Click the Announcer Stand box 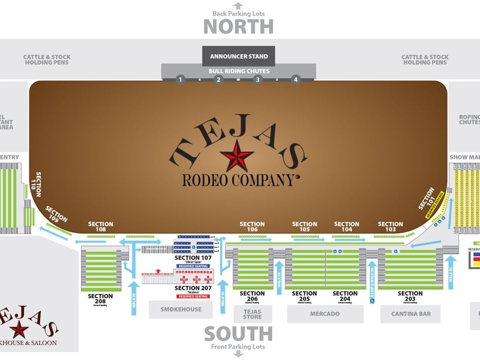tap(238, 56)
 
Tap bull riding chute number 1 tap(180, 80)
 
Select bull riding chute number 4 tap(295, 80)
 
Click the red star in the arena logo tap(237, 156)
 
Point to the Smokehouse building tap(180, 309)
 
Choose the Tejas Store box tap(252, 314)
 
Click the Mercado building tap(325, 314)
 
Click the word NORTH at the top tap(238, 27)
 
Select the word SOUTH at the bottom tap(238, 334)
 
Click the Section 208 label tap(100, 296)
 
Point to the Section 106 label tap(252, 227)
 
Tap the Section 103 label tap(391, 227)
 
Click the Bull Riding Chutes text tap(239, 71)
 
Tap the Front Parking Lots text tap(238, 347)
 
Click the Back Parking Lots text tap(238, 14)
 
